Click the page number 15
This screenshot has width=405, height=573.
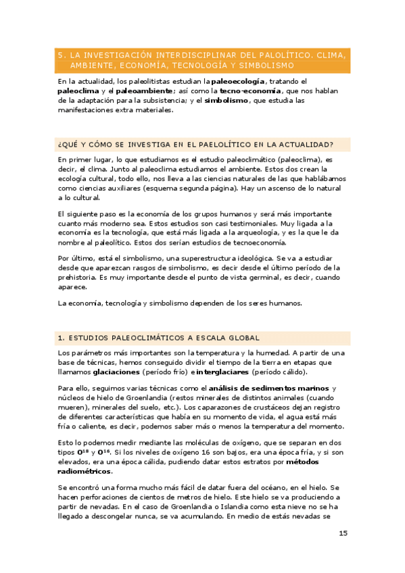[343, 533]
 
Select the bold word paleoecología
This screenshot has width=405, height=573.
[239, 81]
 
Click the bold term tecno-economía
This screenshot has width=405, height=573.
[246, 91]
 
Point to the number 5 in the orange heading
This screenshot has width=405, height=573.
[60, 54]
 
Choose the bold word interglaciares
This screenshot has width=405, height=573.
[222, 372]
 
